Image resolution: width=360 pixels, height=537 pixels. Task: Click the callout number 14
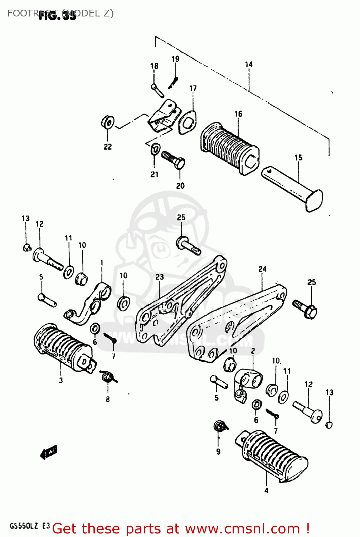(x=249, y=64)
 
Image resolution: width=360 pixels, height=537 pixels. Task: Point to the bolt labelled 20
(x=174, y=160)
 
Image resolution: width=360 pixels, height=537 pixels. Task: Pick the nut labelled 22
(x=108, y=122)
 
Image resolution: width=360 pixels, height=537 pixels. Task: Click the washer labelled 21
(x=155, y=149)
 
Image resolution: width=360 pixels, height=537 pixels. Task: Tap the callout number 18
(x=154, y=66)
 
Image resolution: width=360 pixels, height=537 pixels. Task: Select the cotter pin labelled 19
(x=174, y=82)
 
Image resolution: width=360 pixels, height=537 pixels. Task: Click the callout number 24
(x=262, y=269)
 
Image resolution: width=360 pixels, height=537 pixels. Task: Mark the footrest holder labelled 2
(x=247, y=383)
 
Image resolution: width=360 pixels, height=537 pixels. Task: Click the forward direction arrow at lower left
(x=49, y=453)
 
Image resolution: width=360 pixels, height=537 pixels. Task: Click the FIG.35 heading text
(x=57, y=15)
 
